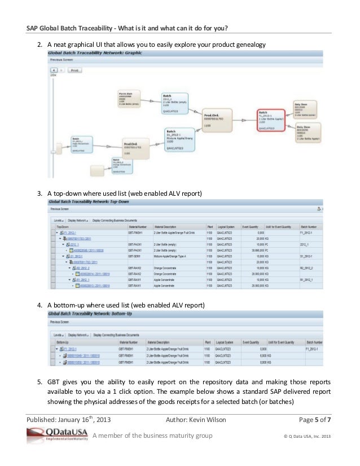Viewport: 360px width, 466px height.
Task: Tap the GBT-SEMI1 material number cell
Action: coord(134,256)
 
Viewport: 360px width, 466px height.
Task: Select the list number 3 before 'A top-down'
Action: coord(39,194)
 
